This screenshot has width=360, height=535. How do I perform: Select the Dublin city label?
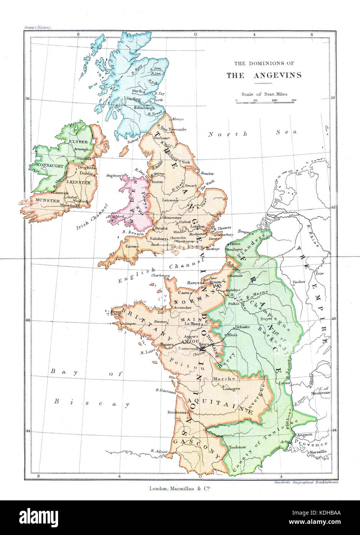pos(86,174)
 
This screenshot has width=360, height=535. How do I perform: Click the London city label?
pos(197,226)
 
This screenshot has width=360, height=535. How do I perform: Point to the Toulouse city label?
pos(237,447)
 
